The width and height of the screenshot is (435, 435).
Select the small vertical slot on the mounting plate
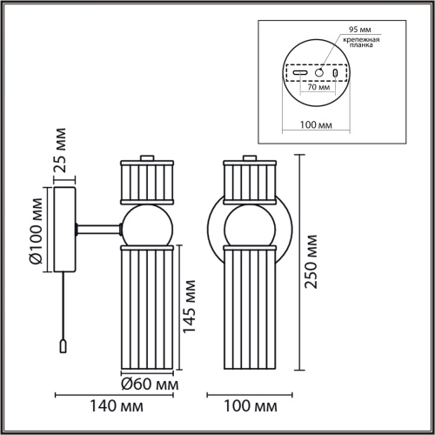(334, 74)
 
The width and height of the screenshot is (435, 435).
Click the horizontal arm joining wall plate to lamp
(98, 228)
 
